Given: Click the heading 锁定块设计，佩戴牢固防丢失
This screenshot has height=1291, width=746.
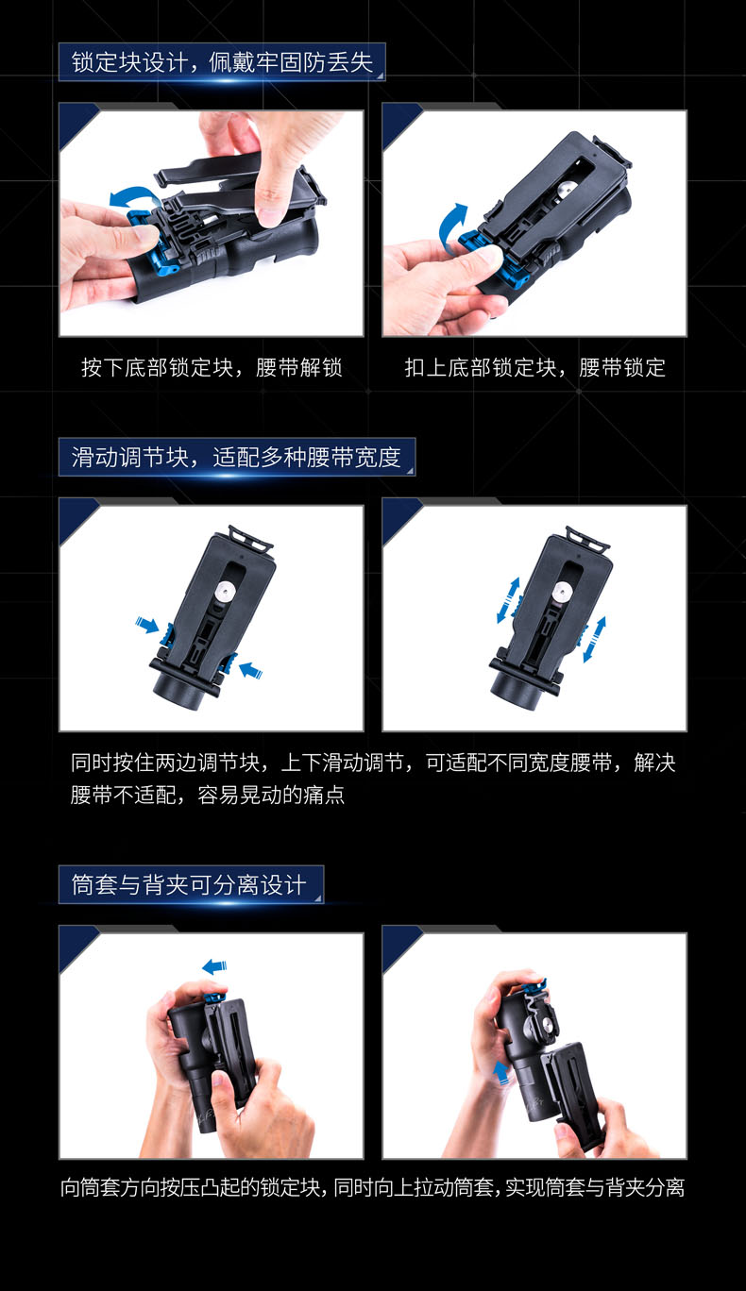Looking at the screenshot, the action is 222,62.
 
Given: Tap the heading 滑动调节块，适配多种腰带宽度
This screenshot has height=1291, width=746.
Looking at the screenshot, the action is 236,457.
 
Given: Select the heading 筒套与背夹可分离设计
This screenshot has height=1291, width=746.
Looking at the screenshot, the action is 188,884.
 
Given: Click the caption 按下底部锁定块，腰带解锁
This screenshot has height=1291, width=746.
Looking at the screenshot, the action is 212,367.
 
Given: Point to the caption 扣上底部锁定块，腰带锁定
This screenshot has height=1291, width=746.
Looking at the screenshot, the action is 535,367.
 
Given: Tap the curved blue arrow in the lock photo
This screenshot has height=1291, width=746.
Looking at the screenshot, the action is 449,226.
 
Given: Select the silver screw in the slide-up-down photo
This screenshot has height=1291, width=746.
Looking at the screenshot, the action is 561,591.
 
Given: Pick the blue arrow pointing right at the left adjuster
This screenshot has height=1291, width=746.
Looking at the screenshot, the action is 147,624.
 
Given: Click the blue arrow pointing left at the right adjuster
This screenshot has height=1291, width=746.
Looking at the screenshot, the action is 251,670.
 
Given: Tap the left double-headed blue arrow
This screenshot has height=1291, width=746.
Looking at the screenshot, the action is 508,600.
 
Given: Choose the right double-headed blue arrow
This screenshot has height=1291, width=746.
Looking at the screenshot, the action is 594,639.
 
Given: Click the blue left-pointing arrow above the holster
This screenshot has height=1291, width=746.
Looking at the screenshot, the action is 214,966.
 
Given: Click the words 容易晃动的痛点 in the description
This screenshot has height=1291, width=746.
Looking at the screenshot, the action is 271,796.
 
